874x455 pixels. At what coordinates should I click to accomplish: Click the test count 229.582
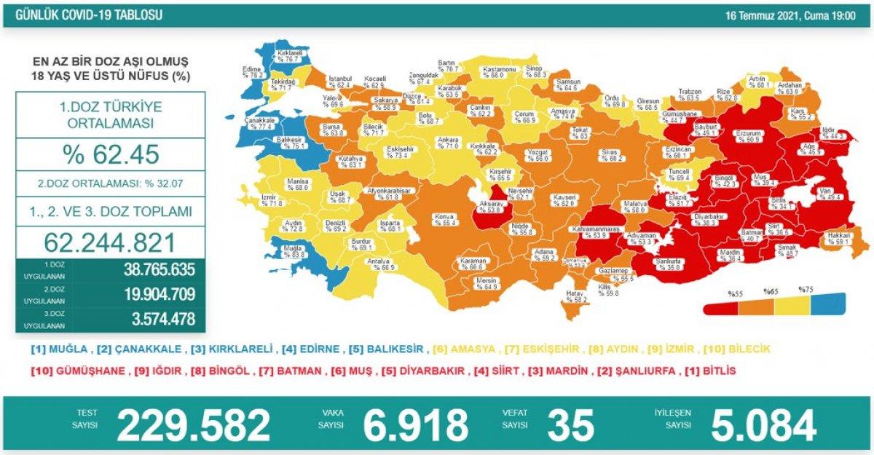pos(193,425)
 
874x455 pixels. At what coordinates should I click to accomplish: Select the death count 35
pos(571,425)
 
